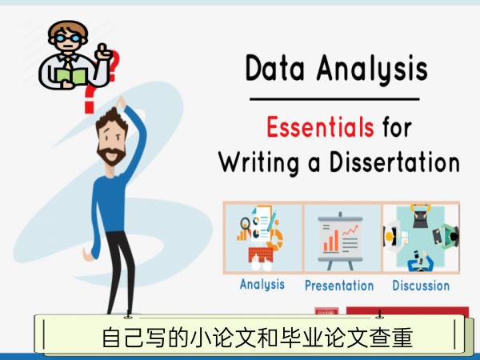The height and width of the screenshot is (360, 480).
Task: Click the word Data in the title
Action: pos(274,68)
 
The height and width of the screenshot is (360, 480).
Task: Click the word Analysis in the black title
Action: pos(372,70)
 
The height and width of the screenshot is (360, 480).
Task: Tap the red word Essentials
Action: pos(320,127)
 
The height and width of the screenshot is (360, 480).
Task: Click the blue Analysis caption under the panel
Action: pos(262,285)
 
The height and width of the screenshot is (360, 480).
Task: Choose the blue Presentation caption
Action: pos(339,286)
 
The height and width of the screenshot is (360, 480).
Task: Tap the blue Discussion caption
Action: pos(421,286)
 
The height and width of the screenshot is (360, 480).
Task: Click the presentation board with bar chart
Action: pos(341,241)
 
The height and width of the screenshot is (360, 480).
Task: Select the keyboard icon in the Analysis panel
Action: pos(261,254)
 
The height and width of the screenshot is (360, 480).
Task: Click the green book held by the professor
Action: pos(72,77)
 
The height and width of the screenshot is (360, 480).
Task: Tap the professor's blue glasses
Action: pos(68,38)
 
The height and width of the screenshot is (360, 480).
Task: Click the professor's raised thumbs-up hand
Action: pos(104,51)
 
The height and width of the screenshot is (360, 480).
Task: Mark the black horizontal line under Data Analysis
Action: pos(334,99)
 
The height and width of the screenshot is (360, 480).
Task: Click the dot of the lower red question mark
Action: pos(89,107)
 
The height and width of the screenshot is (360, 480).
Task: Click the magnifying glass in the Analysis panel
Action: pos(245,224)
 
